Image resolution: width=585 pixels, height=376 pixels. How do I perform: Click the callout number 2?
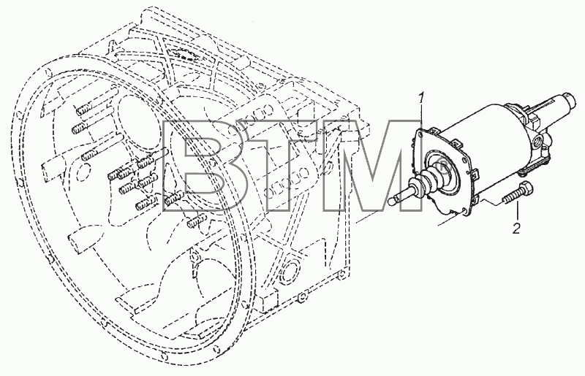pyautogui.click(x=516, y=228)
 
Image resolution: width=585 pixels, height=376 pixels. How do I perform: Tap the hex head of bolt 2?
pyautogui.click(x=525, y=188)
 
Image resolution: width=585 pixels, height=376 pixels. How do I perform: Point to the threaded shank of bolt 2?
pyautogui.click(x=510, y=198)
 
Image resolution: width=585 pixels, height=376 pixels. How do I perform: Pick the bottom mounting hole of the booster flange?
pyautogui.click(x=464, y=211)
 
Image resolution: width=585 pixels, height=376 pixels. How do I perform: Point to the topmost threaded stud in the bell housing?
pyautogui.click(x=84, y=110)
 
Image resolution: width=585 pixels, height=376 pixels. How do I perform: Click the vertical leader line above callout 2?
pyautogui.click(x=518, y=211)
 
